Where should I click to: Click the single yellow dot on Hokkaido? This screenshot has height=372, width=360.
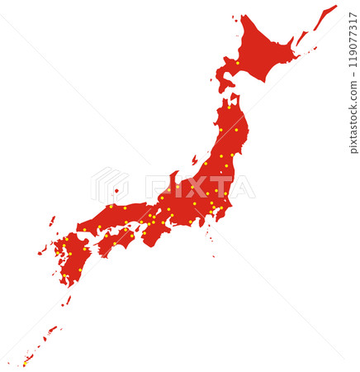(238, 63)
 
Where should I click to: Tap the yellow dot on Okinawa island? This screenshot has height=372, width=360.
(25, 362)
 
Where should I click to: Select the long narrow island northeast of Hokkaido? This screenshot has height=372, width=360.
(324, 17)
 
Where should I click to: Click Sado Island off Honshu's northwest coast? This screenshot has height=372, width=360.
(195, 159)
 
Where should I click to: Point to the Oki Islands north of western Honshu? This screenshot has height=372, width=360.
(116, 191)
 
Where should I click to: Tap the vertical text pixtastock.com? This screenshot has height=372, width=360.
(354, 117)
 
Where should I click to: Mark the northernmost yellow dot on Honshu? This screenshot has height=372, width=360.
(229, 107)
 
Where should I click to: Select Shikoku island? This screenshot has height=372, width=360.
(116, 240)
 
